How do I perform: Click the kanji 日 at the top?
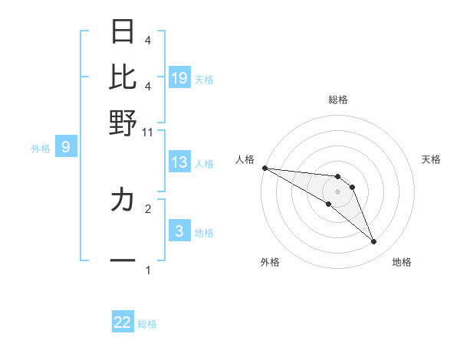coord(123,31)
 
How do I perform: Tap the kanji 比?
coord(123,77)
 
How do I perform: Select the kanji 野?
coord(123,123)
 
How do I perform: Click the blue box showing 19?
coord(179,77)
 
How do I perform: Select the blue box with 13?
coord(179,162)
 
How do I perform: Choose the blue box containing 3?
coord(179,231)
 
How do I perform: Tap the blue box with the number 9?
coord(66,147)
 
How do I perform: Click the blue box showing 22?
coord(123,322)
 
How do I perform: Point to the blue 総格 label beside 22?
coord(147,324)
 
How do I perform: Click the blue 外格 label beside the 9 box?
coord(41,149)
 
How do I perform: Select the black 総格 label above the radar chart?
coord(338,100)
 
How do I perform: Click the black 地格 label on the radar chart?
coord(402,262)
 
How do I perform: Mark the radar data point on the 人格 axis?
coord(264,168)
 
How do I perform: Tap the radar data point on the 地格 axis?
coord(373,242)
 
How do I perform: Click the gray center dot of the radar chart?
coord(337,191)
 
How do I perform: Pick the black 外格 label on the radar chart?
coord(270,262)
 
